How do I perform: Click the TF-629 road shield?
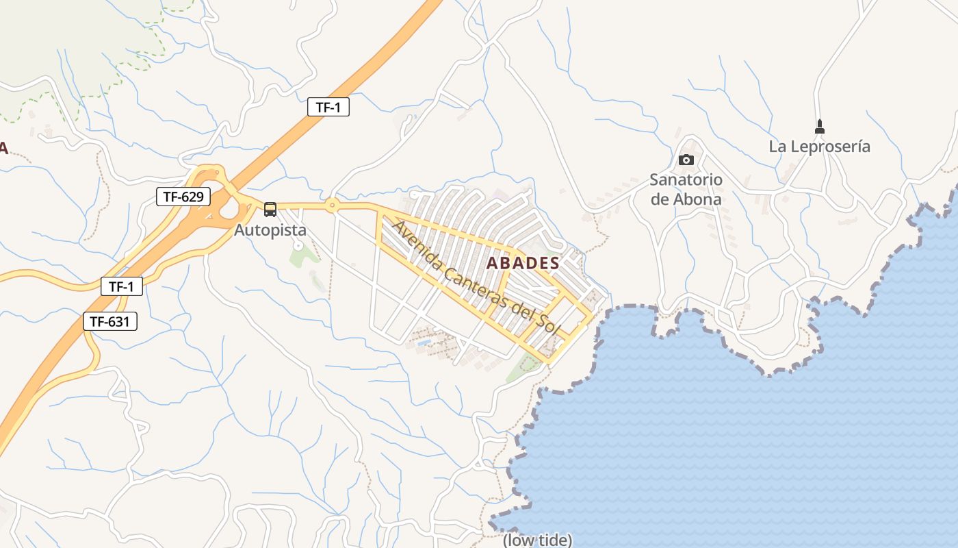(183, 197)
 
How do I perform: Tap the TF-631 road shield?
(110, 321)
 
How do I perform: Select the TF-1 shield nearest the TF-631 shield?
(122, 286)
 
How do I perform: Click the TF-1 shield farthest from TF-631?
(328, 107)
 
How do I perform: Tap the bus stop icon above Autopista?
(270, 210)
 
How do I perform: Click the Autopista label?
(270, 230)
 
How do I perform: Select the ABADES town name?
(523, 263)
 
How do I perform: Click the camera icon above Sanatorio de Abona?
(686, 160)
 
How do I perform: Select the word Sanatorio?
(686, 180)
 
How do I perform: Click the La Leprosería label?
(819, 147)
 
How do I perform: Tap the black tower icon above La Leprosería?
(820, 127)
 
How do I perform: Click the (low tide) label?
(537, 540)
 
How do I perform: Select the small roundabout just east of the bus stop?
(332, 204)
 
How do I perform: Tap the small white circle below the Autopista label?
(298, 245)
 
